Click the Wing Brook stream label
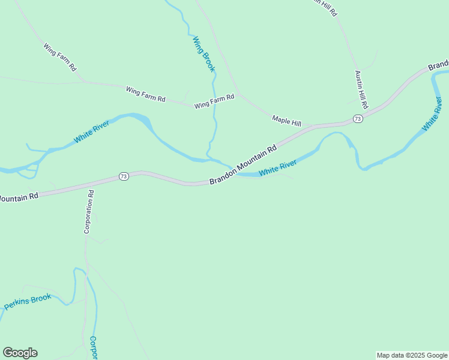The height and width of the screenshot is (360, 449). [x=203, y=55]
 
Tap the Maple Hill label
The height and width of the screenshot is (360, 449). [x=286, y=121]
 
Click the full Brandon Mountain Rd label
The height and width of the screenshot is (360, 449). [x=243, y=164]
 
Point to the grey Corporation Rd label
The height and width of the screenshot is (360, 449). [x=88, y=212]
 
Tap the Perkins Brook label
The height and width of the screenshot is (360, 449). [x=28, y=302]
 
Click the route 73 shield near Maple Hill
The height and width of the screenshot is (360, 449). [x=358, y=119]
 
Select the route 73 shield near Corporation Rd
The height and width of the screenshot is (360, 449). [x=124, y=176]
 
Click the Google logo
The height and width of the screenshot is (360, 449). [x=20, y=353]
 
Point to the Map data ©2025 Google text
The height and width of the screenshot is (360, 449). [x=412, y=355]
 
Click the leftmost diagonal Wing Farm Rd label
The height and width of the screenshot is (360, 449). [x=60, y=58]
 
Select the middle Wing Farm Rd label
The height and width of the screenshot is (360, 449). [x=145, y=94]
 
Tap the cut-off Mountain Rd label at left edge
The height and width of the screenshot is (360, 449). [x=19, y=196]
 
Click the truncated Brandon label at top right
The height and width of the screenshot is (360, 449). [x=439, y=64]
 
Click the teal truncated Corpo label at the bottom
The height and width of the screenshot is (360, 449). [x=93, y=347]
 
